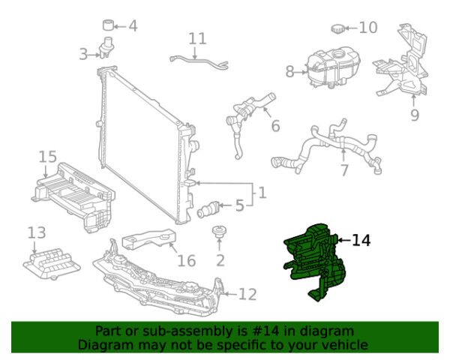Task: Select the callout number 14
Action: (361, 240)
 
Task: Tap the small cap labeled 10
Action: (337, 29)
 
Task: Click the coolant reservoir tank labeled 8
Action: (334, 68)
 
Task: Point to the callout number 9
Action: (415, 115)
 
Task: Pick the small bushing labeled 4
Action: (108, 25)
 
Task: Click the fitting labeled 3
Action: (106, 47)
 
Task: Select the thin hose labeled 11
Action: (199, 61)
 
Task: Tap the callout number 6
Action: (275, 126)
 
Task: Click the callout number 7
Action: (344, 170)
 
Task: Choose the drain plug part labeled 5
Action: (208, 209)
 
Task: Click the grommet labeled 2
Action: (219, 232)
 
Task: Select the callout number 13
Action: (37, 232)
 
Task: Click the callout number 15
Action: (48, 157)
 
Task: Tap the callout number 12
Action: (247, 294)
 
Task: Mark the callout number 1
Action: (262, 193)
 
